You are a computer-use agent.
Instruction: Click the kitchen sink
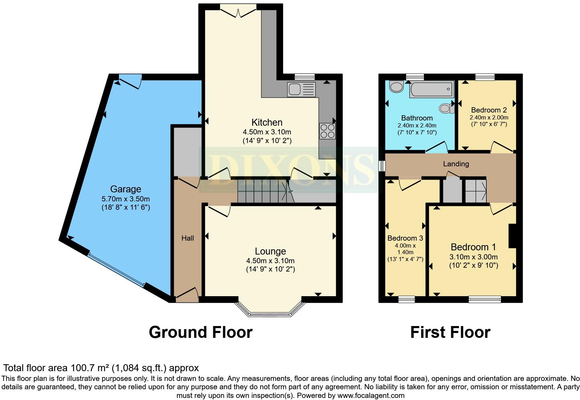(x=301, y=90)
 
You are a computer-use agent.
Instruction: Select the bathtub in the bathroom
(x=432, y=89)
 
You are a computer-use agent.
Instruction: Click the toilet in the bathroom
(x=446, y=109)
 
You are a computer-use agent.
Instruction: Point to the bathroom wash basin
(x=396, y=86)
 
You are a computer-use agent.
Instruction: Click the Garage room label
(x=126, y=189)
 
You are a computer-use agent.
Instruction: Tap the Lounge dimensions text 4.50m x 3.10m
(x=270, y=261)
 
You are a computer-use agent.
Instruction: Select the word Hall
(x=188, y=238)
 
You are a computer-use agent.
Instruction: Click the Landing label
(x=456, y=164)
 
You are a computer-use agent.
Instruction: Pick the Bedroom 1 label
(x=473, y=247)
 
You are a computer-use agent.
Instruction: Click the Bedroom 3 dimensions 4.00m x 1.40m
(x=405, y=249)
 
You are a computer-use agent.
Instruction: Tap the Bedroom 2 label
(x=489, y=110)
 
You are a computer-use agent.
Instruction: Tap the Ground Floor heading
(x=201, y=332)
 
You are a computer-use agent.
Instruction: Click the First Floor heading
(x=450, y=332)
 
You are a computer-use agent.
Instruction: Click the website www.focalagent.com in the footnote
(x=371, y=395)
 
